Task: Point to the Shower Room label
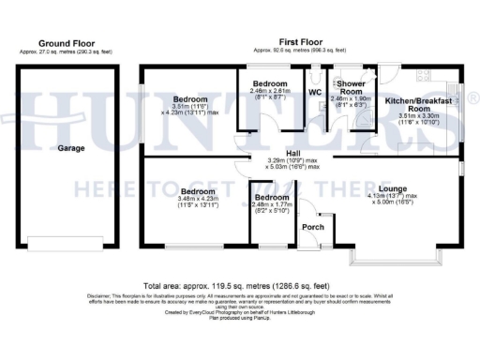point(351,86)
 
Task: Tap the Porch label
point(311,228)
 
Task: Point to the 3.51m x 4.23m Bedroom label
point(189,98)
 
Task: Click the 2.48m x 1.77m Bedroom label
point(272,198)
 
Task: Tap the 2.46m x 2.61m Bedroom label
point(272,84)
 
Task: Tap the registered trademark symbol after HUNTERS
point(474,97)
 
